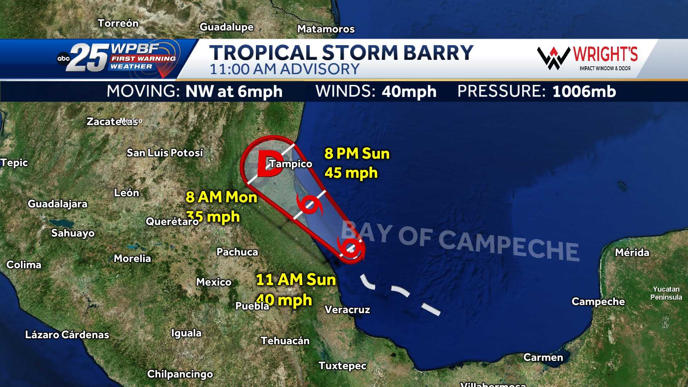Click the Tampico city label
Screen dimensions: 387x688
291,164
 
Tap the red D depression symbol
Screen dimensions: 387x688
269,164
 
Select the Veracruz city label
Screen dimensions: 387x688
347,310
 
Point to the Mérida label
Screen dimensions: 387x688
632,253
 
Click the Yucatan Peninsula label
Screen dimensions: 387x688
666,293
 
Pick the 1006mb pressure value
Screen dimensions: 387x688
584,91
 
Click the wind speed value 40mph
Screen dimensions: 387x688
409,92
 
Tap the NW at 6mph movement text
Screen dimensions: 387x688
234,92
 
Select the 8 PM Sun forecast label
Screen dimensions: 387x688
357,154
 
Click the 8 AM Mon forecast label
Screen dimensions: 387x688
221,197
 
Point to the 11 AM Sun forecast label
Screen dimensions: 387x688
296,279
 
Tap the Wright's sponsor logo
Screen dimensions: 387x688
588,57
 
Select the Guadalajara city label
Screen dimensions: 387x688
58,204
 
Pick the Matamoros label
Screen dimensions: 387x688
326,29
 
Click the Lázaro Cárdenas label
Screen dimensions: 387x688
67,335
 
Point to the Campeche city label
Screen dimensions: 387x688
598,302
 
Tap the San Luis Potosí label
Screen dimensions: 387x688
165,153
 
